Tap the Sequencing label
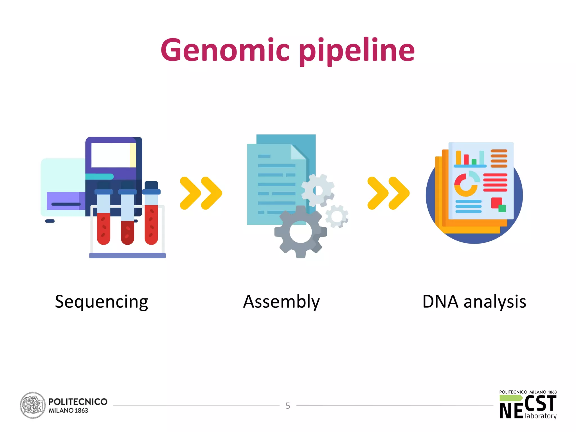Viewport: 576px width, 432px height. click(x=101, y=302)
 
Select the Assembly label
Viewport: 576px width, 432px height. click(x=281, y=302)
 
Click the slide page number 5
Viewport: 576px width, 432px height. click(x=288, y=406)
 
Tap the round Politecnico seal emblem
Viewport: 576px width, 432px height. click(x=33, y=405)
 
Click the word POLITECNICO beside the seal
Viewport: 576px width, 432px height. click(x=78, y=402)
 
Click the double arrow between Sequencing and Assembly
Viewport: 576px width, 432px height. click(x=201, y=193)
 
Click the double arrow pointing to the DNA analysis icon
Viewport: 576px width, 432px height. click(x=388, y=193)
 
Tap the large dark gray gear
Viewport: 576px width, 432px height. click(x=300, y=232)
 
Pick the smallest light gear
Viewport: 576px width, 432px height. click(x=337, y=216)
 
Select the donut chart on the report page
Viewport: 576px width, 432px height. click(x=465, y=185)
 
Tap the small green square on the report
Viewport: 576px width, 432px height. click(x=502, y=208)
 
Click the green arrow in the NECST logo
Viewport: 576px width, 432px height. click(x=511, y=398)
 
